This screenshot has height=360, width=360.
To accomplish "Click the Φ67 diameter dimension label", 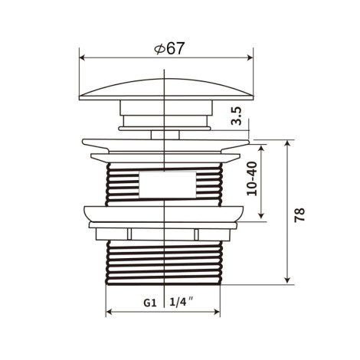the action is tap(169, 48).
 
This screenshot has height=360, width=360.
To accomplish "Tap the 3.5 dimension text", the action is tap(236, 116).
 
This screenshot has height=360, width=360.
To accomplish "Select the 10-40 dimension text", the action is tap(252, 178).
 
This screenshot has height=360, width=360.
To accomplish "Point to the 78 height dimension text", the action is tap(299, 215).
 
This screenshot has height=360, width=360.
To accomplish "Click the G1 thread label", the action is tap(150, 303).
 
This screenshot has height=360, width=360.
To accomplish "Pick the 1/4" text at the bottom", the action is tap(182, 302).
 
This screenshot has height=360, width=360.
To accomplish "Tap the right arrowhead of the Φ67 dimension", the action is tap(250, 58).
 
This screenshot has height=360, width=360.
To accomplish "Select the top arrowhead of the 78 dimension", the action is tap(288, 143).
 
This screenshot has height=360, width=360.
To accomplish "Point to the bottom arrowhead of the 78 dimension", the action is tap(288, 280).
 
